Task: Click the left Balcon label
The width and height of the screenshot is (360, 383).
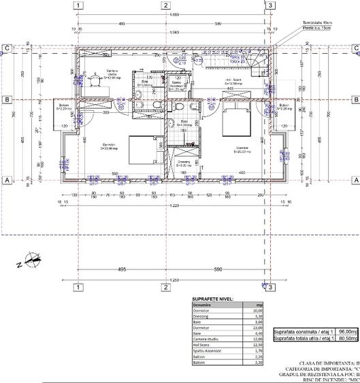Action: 64,107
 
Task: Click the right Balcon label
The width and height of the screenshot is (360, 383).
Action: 284,107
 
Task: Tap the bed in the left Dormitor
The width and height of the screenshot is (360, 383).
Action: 143,149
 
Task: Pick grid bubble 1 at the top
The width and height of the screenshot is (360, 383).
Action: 80,5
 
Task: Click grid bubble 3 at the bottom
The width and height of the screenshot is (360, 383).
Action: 270,288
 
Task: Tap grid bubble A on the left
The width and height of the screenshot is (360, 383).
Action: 6,180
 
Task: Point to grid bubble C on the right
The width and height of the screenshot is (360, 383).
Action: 355,48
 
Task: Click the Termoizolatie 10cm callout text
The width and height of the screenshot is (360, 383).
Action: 319,22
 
